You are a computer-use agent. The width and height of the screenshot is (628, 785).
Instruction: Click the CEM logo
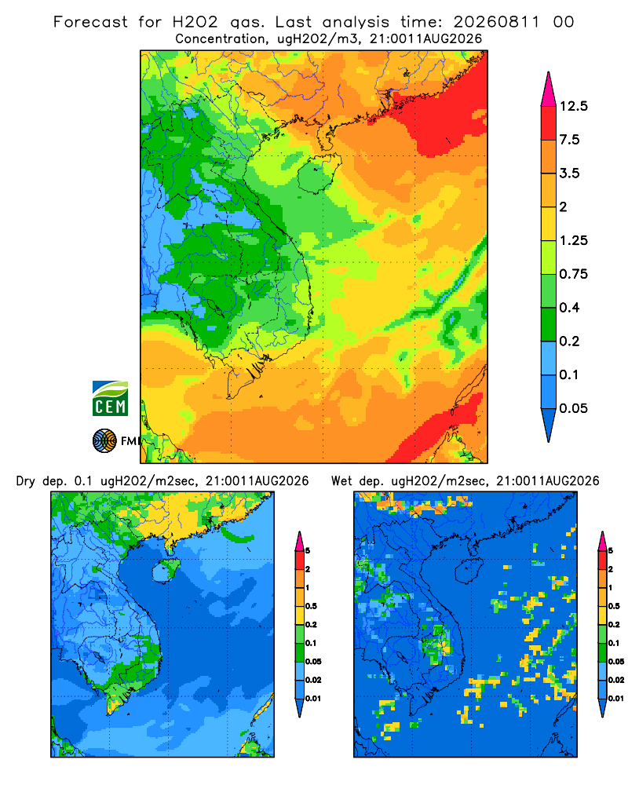tap(110, 398)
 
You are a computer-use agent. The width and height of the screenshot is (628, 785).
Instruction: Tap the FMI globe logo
tap(104, 440)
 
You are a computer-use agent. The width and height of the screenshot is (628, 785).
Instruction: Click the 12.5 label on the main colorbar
tap(573, 106)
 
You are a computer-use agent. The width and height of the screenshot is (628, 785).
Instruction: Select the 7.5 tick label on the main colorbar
tap(569, 140)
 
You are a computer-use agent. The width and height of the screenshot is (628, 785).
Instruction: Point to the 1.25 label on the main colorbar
tap(573, 240)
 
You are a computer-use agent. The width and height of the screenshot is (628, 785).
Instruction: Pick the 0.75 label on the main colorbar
tap(573, 274)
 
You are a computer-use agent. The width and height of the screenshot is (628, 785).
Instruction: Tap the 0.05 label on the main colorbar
tap(573, 408)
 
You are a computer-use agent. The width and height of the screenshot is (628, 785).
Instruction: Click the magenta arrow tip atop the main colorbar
tap(549, 72)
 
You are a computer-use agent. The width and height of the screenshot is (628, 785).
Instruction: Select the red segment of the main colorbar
tap(549, 123)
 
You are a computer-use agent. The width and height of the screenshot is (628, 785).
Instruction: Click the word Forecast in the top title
tap(90, 22)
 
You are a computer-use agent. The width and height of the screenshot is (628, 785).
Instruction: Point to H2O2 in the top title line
tap(195, 22)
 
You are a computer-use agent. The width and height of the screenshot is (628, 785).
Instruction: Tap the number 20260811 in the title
tap(497, 22)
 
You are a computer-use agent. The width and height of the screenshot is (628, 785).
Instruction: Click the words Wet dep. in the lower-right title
tap(357, 481)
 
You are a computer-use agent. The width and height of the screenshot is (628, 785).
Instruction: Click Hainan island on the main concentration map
tap(319, 173)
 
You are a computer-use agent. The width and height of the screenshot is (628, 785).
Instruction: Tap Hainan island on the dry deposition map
tap(166, 571)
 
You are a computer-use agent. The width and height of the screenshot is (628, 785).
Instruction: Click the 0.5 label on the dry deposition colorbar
tap(311, 606)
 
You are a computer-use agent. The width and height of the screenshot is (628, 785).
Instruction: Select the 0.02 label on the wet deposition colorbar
tap(616, 680)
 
